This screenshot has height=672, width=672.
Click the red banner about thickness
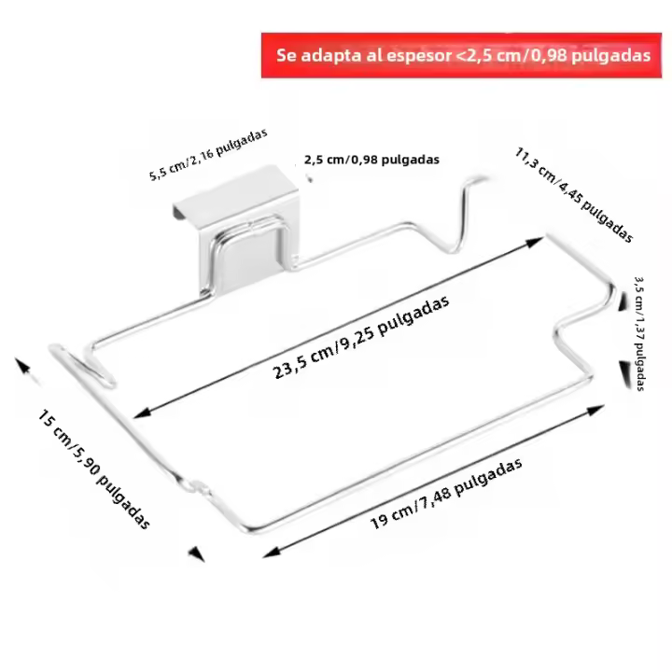click(x=461, y=55)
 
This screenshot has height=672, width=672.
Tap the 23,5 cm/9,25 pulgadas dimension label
click(x=361, y=337)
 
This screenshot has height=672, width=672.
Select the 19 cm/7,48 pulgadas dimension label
click(x=446, y=494)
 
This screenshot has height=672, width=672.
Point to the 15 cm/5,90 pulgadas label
click(x=94, y=469)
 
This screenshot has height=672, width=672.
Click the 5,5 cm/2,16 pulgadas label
click(x=208, y=154)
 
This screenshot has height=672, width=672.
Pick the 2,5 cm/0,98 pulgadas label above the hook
click(x=371, y=160)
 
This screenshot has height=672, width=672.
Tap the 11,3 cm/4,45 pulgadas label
click(x=574, y=195)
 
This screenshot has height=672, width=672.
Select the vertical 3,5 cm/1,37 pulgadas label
click(x=639, y=334)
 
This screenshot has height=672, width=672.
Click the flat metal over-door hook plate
click(x=240, y=227)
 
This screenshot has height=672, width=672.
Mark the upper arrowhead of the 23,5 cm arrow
click(x=535, y=242)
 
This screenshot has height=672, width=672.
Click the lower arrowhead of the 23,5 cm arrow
click(x=142, y=413)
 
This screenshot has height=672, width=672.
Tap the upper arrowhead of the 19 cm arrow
click(x=595, y=410)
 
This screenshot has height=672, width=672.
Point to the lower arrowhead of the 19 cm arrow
click(x=272, y=552)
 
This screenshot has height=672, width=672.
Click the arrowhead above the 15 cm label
click(x=22, y=364)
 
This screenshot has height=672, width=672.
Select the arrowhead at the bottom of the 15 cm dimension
click(x=197, y=553)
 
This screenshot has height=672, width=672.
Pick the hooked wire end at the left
click(x=81, y=364)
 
